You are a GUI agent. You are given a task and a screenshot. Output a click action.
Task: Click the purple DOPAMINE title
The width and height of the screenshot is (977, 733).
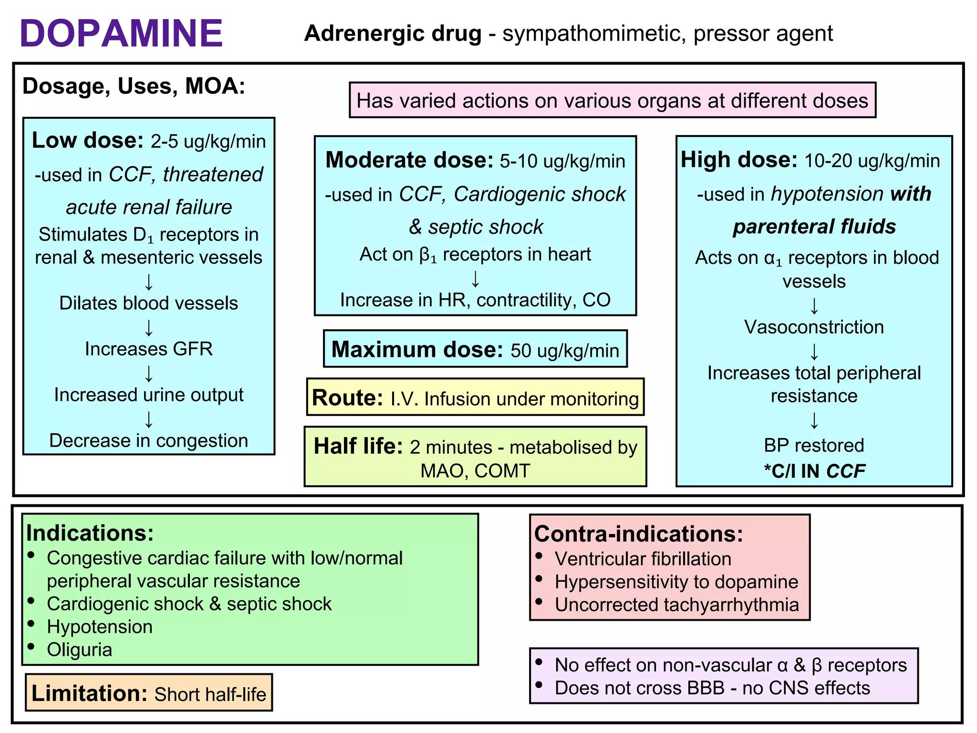point(121,33)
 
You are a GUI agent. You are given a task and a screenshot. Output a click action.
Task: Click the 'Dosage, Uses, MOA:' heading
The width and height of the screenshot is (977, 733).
point(134,86)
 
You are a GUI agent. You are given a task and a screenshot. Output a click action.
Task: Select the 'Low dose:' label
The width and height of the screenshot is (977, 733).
point(87,141)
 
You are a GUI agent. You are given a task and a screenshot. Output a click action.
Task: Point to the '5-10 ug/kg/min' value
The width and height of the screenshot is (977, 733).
point(562,161)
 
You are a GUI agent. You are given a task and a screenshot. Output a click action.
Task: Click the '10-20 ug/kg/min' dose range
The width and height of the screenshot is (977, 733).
point(872,161)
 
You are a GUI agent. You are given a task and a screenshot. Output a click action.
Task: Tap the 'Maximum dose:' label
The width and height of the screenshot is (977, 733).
point(417,350)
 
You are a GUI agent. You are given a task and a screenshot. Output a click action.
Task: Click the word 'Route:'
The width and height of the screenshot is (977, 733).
point(347,398)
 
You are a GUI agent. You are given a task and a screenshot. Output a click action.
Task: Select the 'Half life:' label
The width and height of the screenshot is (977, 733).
point(358,447)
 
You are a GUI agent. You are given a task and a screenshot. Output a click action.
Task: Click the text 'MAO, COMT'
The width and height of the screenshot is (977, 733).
point(475,471)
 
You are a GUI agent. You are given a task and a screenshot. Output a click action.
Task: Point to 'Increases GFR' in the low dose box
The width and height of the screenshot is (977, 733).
point(148,349)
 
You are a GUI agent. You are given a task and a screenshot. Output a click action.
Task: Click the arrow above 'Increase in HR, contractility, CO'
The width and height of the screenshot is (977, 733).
point(475,279)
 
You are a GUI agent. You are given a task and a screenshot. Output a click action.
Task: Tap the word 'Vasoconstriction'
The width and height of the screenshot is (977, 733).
point(814,327)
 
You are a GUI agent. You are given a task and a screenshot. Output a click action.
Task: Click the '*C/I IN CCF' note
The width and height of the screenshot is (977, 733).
point(814,471)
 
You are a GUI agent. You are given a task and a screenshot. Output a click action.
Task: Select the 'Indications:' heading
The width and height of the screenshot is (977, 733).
point(90,533)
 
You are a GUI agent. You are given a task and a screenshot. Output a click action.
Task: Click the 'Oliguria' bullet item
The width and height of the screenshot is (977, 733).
point(79,650)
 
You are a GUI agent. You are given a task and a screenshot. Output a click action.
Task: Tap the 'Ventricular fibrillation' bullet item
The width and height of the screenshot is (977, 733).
point(643,559)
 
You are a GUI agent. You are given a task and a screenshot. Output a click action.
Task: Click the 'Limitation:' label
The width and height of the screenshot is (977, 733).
point(89,693)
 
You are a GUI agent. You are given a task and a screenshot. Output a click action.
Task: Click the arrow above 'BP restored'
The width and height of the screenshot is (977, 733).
point(814,421)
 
